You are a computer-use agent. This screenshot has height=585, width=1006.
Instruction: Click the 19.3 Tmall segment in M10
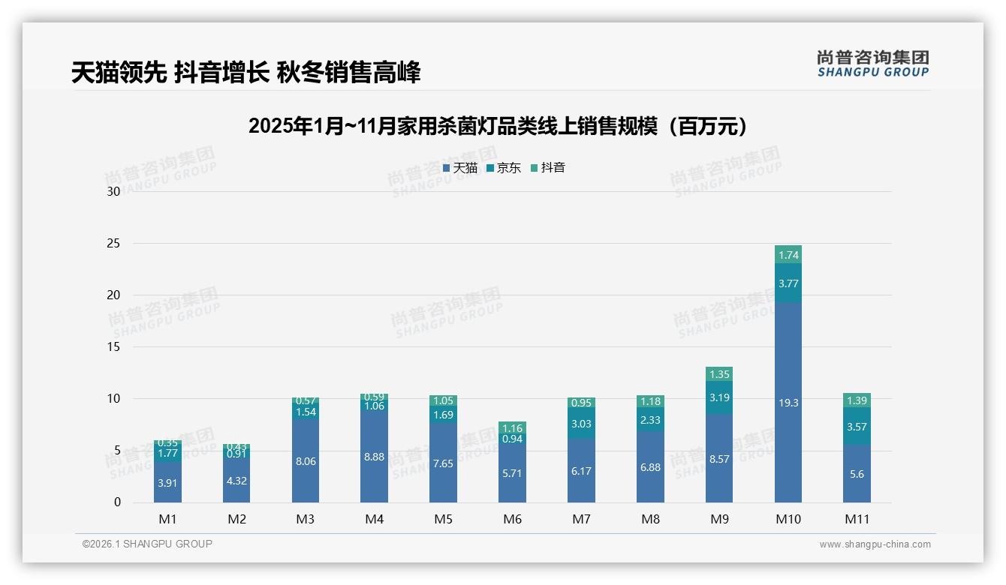[788, 403]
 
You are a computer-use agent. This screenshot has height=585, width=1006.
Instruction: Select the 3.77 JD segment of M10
[788, 283]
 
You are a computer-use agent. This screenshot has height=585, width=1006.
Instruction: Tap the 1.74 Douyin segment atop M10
[788, 254]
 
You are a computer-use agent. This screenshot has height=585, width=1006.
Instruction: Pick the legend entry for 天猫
[459, 168]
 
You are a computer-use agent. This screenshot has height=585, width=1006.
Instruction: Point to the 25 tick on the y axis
[113, 244]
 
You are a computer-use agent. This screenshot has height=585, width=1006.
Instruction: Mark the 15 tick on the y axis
[113, 347]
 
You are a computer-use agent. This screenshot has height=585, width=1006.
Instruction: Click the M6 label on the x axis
[513, 519]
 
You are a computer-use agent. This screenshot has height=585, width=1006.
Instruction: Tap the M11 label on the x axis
[857, 519]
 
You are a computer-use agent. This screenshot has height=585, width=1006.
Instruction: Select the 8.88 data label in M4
[375, 457]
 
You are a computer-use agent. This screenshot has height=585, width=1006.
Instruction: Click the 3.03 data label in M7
[581, 424]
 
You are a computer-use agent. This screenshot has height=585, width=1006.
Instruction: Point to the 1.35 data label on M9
[719, 374]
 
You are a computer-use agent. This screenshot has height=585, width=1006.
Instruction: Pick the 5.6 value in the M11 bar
[857, 473]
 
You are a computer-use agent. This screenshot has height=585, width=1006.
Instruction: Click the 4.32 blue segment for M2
[236, 481]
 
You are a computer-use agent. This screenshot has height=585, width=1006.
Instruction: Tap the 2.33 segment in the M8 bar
[650, 421]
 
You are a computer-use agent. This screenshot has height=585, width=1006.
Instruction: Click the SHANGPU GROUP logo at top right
[872, 64]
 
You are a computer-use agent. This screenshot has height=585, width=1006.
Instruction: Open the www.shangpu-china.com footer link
[875, 544]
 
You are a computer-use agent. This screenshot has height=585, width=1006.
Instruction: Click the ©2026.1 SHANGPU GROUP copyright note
[147, 544]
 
